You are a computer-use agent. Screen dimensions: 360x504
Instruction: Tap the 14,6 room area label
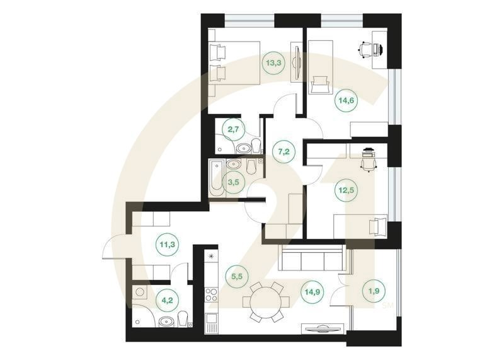point(345,100)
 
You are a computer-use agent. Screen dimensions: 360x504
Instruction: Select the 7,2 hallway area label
point(283,151)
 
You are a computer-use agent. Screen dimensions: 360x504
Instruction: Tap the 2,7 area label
point(234,131)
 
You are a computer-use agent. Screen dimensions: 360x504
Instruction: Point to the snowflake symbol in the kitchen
point(211,256)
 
